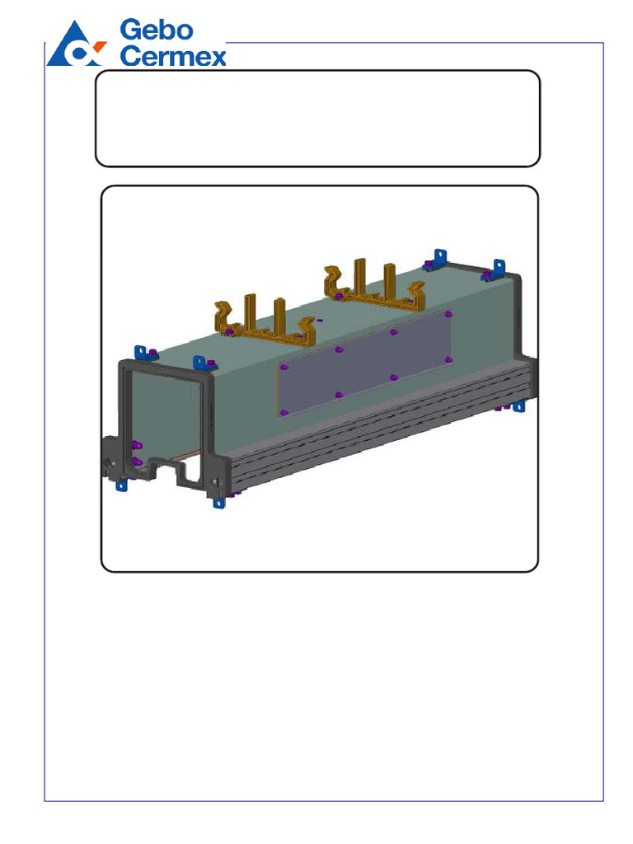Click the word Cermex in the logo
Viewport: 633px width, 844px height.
tap(173, 56)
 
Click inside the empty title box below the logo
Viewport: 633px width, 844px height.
tap(317, 118)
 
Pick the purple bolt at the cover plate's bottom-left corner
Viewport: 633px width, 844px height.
tap(284, 412)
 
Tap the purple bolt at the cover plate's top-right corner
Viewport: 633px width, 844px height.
tap(448, 314)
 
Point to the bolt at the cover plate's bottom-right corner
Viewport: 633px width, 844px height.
tap(448, 359)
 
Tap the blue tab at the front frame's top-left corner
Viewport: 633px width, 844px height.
tap(141, 352)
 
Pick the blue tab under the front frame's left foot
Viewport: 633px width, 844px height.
tap(122, 485)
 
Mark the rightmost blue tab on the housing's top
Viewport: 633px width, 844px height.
tap(498, 267)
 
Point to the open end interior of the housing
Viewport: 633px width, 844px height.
tap(165, 420)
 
